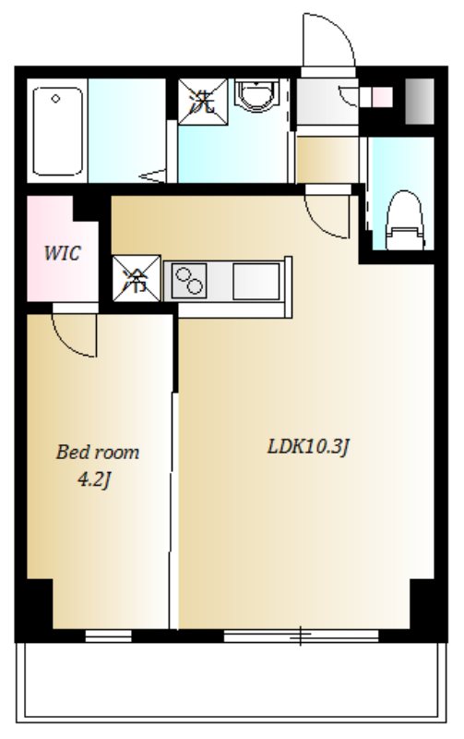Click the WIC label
tap(62, 253)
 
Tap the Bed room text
tap(98, 452)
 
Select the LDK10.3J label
tap(308, 446)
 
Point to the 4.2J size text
tap(94, 479)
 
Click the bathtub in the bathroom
tap(57, 130)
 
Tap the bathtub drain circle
tap(55, 99)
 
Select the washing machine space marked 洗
tap(202, 103)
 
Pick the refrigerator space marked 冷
tap(137, 279)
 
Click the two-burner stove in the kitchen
tap(189, 281)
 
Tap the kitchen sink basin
tap(256, 281)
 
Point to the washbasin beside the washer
tap(257, 95)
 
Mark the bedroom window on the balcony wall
tap(108, 636)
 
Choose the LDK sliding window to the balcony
tap(301, 636)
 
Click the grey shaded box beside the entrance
tap(420, 102)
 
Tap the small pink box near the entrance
tap(382, 97)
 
